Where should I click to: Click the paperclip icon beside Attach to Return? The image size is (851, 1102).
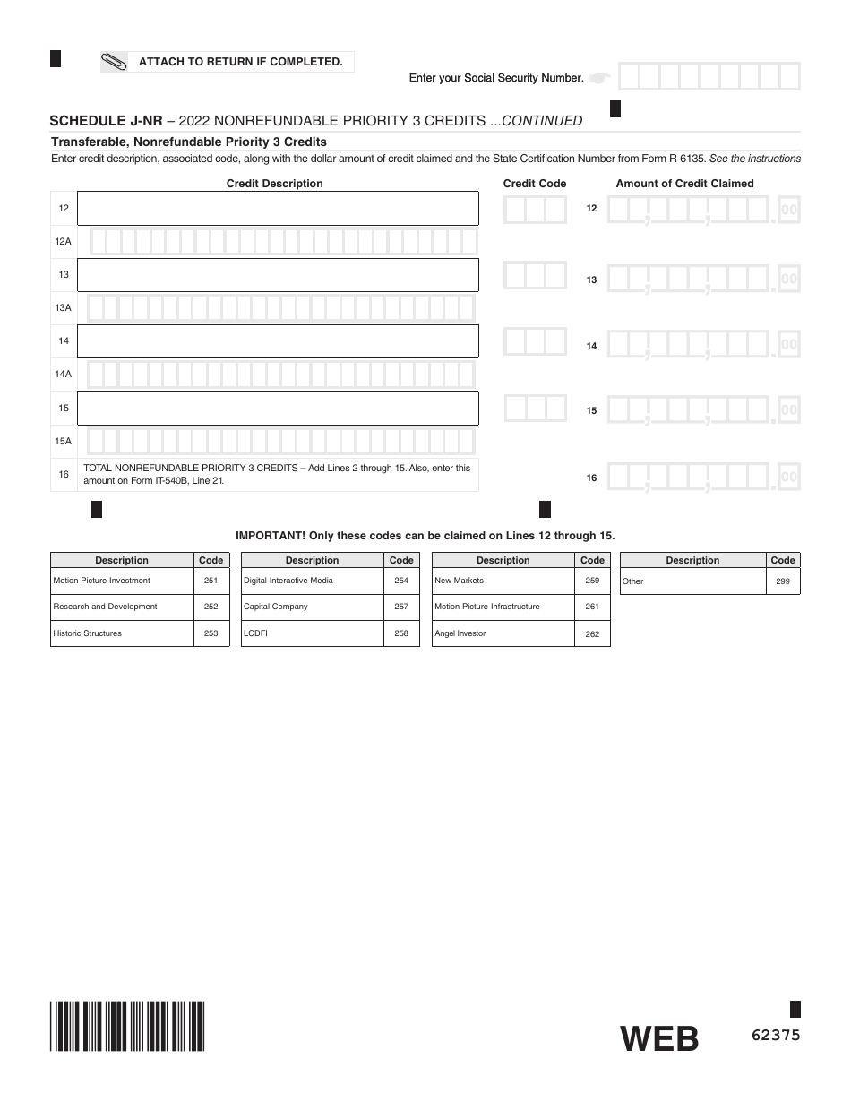(x=115, y=62)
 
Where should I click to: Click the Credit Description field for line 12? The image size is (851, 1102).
(x=278, y=208)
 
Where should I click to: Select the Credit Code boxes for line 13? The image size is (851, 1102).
(x=535, y=275)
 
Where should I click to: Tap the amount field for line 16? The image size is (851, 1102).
(x=702, y=477)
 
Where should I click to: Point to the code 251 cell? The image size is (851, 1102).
(x=211, y=581)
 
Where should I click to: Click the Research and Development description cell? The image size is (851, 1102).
(x=122, y=607)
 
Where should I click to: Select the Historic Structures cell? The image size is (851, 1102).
(x=122, y=633)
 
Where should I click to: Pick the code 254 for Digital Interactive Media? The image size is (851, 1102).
(x=401, y=581)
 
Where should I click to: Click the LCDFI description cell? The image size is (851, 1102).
(x=312, y=633)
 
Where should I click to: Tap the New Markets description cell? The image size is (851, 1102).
(x=503, y=581)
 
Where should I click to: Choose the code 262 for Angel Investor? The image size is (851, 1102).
(x=592, y=633)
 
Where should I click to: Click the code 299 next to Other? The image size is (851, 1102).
(x=783, y=581)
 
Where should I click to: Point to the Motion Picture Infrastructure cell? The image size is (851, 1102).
(x=503, y=607)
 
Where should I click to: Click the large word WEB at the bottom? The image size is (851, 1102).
(x=659, y=1038)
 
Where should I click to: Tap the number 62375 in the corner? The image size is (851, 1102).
(x=775, y=1035)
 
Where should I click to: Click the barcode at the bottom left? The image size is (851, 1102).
(x=127, y=1026)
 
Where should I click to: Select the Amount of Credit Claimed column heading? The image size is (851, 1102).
(x=684, y=184)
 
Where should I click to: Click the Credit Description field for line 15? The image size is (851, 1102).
(x=278, y=408)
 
